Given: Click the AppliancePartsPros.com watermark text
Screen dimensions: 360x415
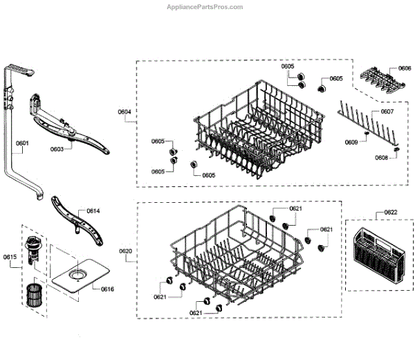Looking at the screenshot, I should click(x=205, y=7).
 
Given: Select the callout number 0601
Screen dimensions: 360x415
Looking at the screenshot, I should click(x=22, y=144).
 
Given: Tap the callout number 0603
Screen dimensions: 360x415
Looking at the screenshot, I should click(x=57, y=149).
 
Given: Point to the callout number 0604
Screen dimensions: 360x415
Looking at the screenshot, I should click(x=124, y=112).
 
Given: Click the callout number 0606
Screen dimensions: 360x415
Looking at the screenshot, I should click(x=405, y=69).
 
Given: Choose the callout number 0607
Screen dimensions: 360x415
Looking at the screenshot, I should click(x=387, y=111).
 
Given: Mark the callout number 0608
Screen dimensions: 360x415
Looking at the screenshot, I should click(x=381, y=159).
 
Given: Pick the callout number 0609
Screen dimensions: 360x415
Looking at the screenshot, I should click(x=351, y=143).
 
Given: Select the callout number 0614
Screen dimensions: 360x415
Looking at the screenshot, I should click(x=93, y=210).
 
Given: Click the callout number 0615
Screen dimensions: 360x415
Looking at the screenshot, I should click(x=10, y=258).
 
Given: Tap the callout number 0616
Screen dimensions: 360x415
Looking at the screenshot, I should click(x=107, y=288).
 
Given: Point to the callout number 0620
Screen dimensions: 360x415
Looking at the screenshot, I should click(x=125, y=251).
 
